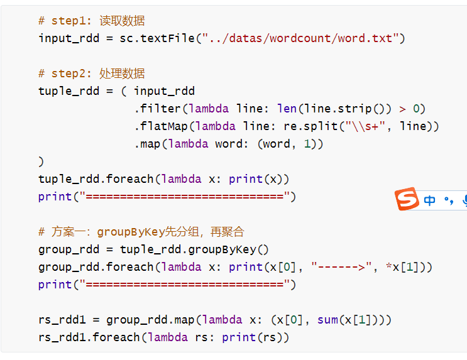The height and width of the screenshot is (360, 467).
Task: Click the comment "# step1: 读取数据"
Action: pyautogui.click(x=92, y=21)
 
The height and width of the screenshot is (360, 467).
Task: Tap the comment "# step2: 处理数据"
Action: pyautogui.click(x=92, y=74)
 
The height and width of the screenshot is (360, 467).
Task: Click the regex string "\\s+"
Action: pyautogui.click(x=361, y=126)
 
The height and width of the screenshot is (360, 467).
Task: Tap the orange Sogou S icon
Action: pyautogui.click(x=407, y=199)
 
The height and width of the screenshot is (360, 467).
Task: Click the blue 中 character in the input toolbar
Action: pyautogui.click(x=430, y=200)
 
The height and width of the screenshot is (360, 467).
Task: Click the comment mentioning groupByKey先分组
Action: pyautogui.click(x=141, y=232)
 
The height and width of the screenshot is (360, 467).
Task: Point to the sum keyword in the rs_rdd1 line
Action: pyautogui.click(x=327, y=320)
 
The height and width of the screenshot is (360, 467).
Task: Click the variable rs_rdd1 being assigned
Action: pyautogui.click(x=62, y=320)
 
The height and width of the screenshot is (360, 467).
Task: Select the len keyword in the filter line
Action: pyautogui.click(x=287, y=109)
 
